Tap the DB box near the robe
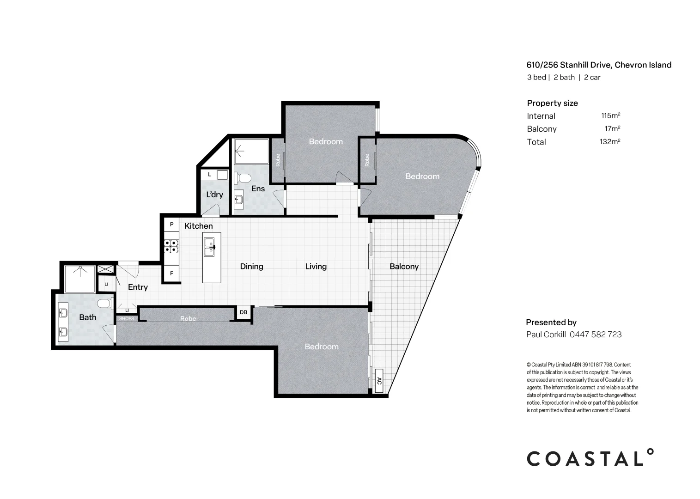click(243, 312)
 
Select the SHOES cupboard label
click(127, 319)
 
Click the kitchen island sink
click(209, 247)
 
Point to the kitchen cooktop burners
click(170, 246)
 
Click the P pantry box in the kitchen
click(171, 225)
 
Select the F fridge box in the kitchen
click(171, 274)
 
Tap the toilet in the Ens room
click(243, 178)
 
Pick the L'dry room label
click(214, 195)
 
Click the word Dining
click(251, 266)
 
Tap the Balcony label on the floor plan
click(404, 266)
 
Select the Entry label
click(138, 287)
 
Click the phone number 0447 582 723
click(596, 335)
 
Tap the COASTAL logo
click(590, 458)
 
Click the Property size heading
click(552, 103)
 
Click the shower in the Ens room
click(251, 151)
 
